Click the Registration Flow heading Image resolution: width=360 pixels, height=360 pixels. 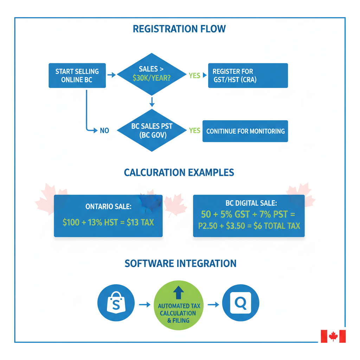[179, 29]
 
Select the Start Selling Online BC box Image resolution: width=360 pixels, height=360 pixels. [77, 76]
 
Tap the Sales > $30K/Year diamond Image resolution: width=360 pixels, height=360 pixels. [152, 74]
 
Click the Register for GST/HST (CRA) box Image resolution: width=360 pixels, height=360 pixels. [248, 76]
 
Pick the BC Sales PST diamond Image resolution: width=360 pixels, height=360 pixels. [152, 131]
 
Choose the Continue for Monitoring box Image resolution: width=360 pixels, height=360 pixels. [245, 131]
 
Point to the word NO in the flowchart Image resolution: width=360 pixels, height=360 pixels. [104, 131]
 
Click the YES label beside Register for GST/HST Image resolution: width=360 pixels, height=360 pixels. [194, 76]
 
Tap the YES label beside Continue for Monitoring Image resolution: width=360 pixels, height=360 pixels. [194, 131]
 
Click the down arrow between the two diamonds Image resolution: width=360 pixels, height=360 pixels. [152, 102]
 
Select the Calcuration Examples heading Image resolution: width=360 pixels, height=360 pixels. [179, 173]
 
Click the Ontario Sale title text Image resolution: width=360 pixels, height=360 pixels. [108, 207]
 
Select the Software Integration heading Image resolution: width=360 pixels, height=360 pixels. [180, 263]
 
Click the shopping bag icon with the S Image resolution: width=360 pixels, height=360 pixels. [116, 303]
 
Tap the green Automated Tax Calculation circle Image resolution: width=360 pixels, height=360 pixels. [179, 305]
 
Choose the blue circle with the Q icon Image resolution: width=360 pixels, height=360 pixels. [241, 303]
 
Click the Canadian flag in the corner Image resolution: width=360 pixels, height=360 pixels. [333, 336]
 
